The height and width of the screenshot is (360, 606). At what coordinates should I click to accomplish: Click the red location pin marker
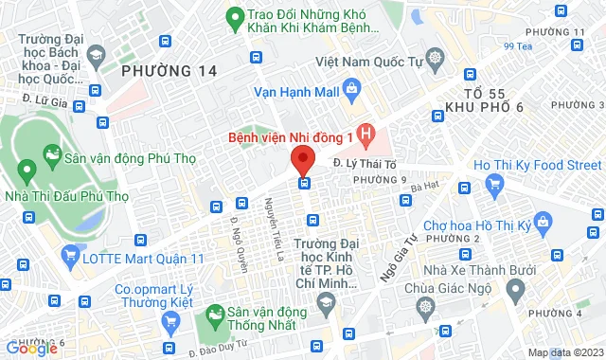coord(302,157)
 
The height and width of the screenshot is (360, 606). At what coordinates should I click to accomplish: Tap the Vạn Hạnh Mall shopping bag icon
coord(352,92)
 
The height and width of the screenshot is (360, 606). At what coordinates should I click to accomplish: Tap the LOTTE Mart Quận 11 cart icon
coord(68,254)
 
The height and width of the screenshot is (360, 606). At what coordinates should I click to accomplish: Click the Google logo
coord(31,349)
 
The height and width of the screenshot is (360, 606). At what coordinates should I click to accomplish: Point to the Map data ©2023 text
coord(564,352)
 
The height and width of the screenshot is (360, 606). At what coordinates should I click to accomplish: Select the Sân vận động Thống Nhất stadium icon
coord(215,313)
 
